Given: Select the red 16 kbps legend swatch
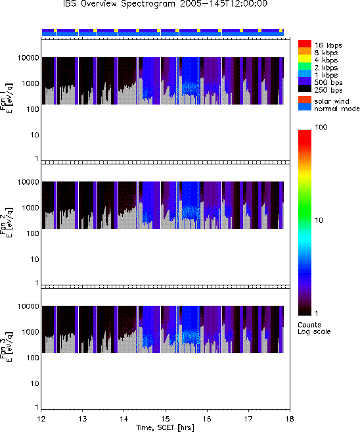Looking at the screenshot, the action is point(305,43).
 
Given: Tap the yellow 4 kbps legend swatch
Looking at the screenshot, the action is point(305,59).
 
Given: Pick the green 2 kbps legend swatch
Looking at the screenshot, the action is point(305,66).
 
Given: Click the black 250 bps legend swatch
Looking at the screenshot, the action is point(305,89).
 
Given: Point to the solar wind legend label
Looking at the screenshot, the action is point(331,101).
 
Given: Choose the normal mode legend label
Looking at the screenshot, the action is point(337,108).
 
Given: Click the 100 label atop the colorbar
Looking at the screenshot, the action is point(321,127).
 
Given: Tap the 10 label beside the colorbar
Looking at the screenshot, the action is point(319,220).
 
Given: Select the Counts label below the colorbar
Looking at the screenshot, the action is point(309,325).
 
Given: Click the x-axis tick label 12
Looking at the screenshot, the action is point(41,419).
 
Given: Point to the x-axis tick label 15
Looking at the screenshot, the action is point(166,419).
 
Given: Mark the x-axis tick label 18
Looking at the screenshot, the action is point(290,419).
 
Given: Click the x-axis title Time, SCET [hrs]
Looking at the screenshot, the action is point(165,427).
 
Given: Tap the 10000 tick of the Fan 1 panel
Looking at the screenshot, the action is point(28,58).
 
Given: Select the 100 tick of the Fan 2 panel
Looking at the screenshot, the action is point(33,233).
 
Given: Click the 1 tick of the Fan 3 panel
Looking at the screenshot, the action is point(37,407).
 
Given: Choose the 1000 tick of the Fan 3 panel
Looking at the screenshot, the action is point(31,332).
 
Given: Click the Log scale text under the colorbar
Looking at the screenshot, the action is point(314,331).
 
